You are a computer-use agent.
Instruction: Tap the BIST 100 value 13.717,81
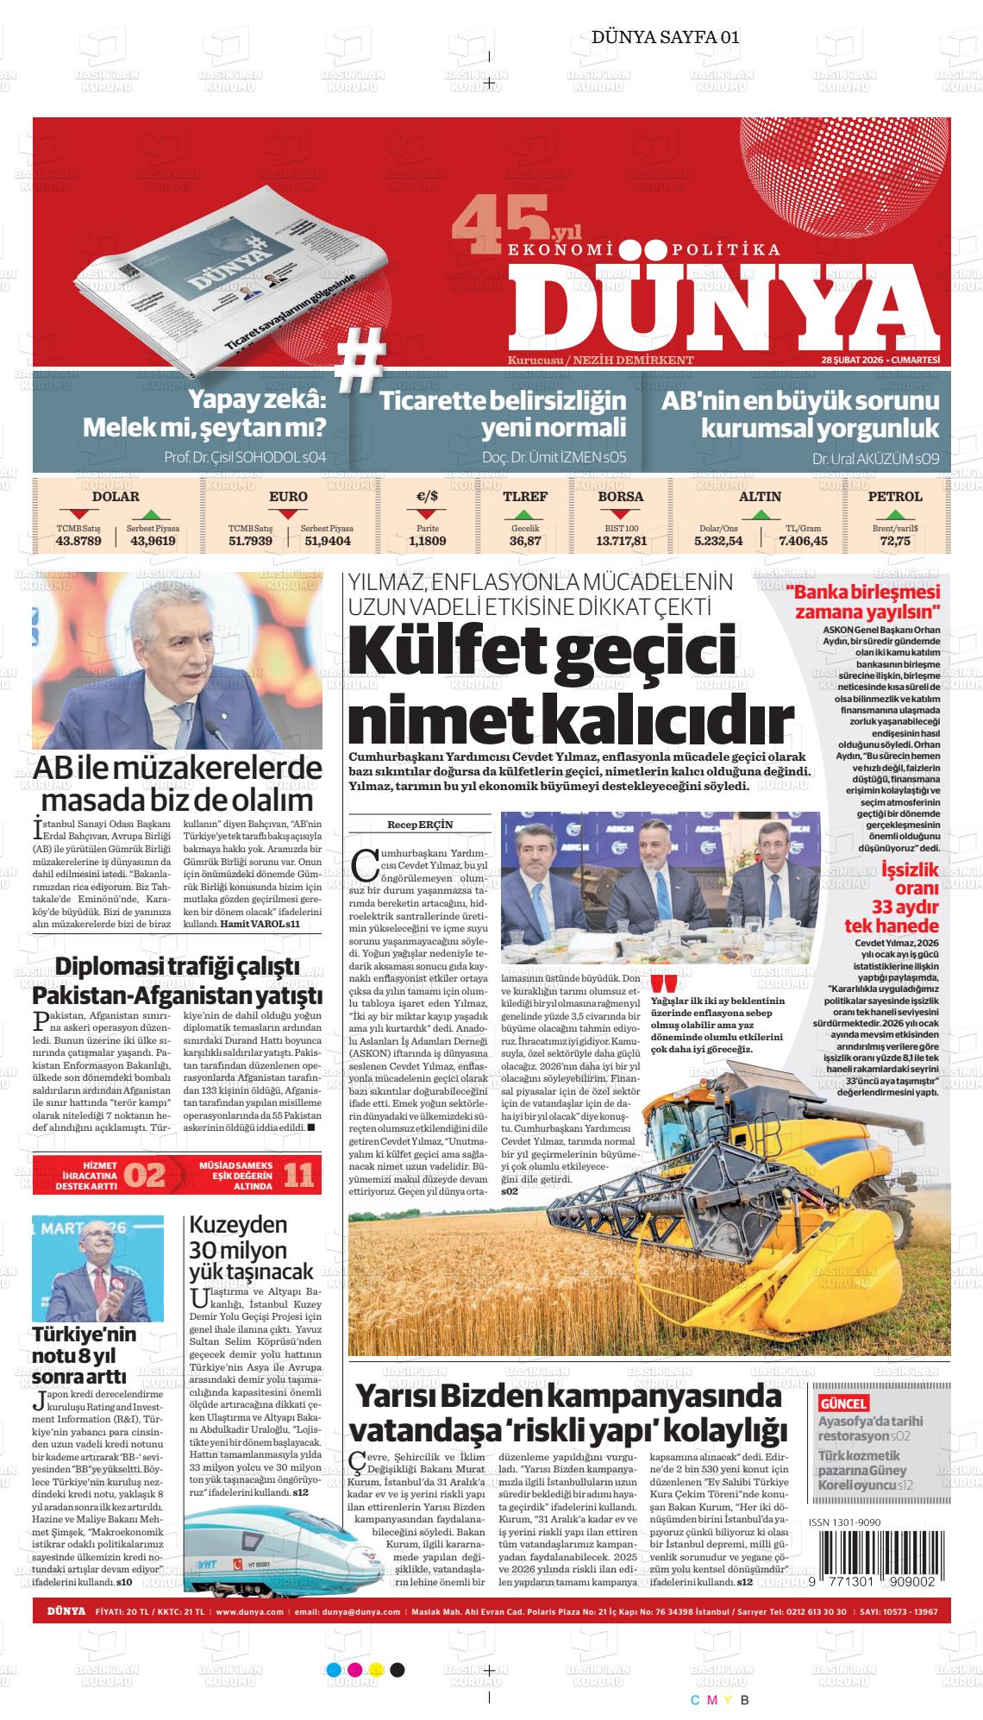pos(621,541)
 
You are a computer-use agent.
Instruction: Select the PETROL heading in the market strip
pos(894,497)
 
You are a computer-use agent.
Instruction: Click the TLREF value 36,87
pos(525,541)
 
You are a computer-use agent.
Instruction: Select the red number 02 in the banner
pos(145,1176)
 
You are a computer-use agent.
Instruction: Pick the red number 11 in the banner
pos(297,1176)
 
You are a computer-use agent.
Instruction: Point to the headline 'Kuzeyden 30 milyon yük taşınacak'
pos(250,1247)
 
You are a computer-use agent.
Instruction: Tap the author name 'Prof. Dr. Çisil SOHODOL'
pos(245,457)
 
